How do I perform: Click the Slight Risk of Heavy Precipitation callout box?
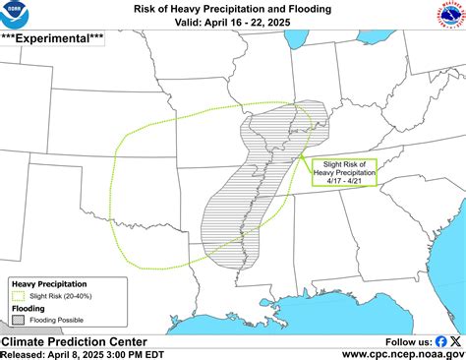coord(340,173)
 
